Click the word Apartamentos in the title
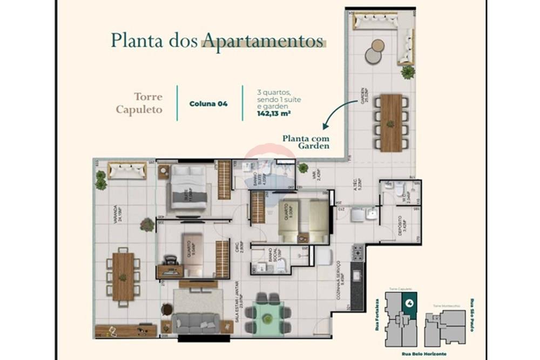(262, 41)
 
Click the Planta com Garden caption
(306, 141)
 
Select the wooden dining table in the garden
(391, 123)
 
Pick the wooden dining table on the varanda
(123, 276)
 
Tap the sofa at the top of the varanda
(126, 171)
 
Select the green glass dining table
(267, 314)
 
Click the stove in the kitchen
(357, 252)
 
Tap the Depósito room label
(400, 225)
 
